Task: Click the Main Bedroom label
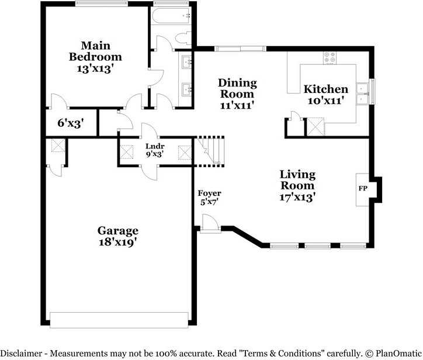pos(95,57)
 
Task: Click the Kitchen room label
pos(325,94)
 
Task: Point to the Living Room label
pos(297,185)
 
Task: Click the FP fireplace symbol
pos(362,189)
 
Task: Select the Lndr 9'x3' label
pos(154,150)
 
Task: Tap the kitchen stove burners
pos(330,57)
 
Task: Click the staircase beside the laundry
pos(210,150)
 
